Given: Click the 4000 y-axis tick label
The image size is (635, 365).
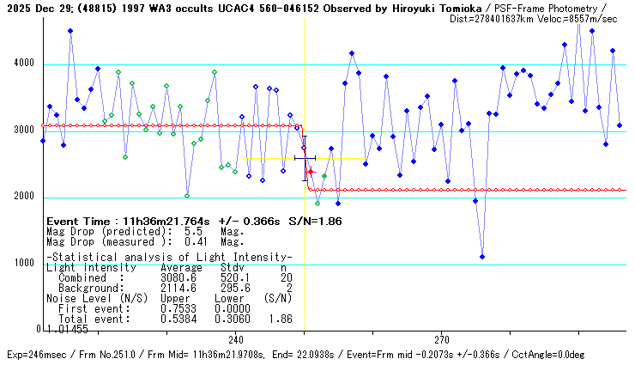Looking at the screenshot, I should (23, 64).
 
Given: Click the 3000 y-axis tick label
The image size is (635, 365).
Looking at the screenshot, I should (23, 130).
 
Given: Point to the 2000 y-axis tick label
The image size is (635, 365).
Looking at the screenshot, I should (23, 196).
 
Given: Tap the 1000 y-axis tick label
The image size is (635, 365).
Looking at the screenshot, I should (23, 263).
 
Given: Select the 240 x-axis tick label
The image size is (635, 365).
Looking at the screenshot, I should (236, 339).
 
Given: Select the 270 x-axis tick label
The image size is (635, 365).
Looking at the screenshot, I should (442, 339).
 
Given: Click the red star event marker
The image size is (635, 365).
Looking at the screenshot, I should (311, 173).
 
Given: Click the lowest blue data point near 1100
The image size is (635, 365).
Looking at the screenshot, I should (482, 257).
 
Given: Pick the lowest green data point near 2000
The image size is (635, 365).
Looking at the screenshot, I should (187, 196).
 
